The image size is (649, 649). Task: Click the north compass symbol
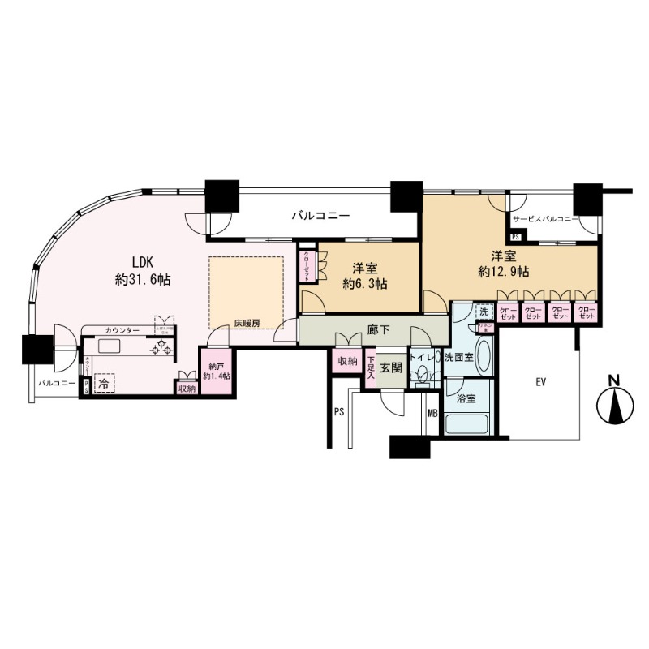click(615, 403)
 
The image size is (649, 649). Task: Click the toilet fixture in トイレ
click(421, 376)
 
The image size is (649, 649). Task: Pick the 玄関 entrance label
click(391, 367)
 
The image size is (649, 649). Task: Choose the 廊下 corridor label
click(376, 329)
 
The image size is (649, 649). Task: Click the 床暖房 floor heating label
click(247, 323)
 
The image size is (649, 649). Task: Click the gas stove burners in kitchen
click(163, 347)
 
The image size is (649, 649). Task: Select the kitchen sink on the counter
click(110, 346)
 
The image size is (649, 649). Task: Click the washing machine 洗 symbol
click(484, 312)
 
